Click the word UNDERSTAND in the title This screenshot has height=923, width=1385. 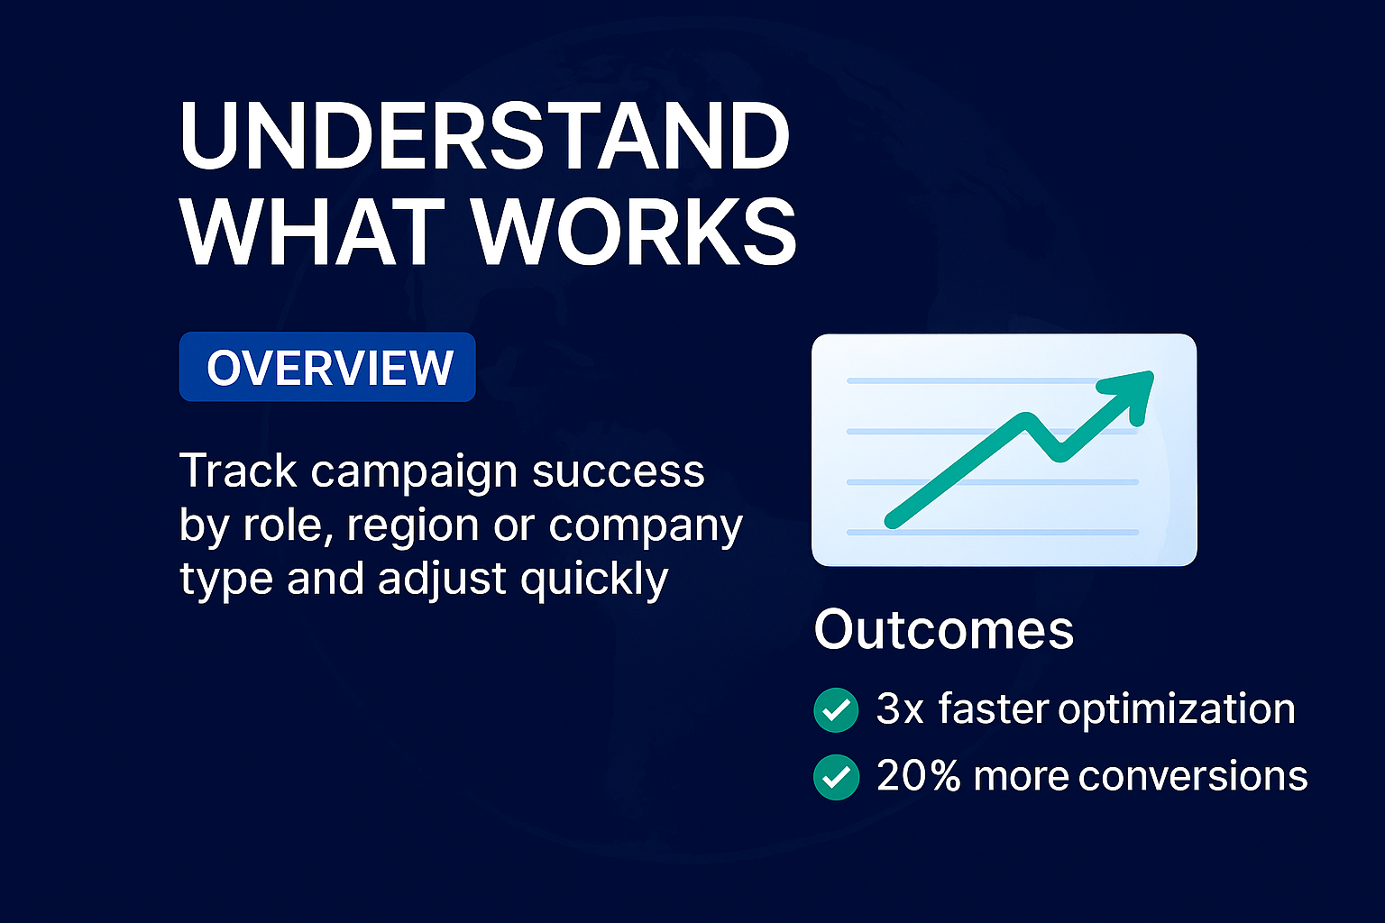click(485, 136)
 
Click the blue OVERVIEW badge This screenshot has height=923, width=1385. click(327, 367)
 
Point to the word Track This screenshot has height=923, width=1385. click(238, 471)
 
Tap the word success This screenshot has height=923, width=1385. click(618, 471)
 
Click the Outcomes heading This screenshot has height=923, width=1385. click(943, 629)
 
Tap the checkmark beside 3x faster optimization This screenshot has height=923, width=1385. click(836, 710)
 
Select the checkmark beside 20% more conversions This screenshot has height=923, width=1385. click(836, 777)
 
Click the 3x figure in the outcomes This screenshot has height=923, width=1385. click(900, 709)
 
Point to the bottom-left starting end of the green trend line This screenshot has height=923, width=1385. click(893, 521)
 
